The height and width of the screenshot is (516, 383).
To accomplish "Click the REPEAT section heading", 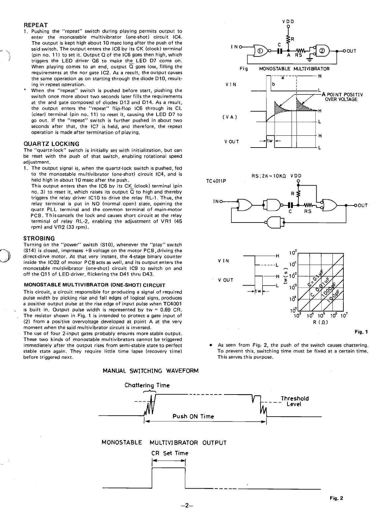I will coord(36,25).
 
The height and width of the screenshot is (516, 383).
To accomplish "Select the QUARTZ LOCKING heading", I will coord(52,144).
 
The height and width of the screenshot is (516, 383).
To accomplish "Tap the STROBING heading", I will coord(39,238).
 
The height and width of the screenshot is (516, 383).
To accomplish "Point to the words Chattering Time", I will coord(147,385).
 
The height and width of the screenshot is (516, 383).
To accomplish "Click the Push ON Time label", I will coord(193,417).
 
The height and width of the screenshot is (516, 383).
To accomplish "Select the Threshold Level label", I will coord(295,401).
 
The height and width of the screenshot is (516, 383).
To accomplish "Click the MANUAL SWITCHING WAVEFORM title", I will coord(151,371).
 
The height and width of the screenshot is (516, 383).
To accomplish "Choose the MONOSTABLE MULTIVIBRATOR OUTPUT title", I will coord(164,443).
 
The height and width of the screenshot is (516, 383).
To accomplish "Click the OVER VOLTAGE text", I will coord(341,99).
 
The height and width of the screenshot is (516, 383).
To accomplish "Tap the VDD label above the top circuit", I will coord(288,21).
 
